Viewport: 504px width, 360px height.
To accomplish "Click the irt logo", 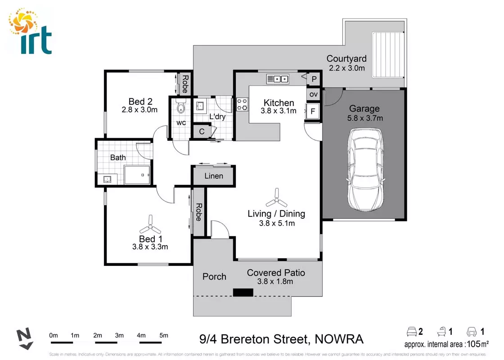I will coord(31,31).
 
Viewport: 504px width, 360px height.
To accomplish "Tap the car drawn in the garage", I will coord(365,170).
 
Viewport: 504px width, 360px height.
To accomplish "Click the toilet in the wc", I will coord(181,107).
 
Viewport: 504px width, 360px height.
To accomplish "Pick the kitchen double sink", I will coord(278,79).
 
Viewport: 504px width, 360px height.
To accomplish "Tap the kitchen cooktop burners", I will coord(242,105).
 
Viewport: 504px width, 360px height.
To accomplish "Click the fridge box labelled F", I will coord(312,111).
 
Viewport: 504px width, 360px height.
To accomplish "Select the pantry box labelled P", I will coord(314,79).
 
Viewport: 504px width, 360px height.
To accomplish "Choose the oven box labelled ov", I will coord(314,94).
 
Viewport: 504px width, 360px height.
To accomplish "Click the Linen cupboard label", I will coord(214,176).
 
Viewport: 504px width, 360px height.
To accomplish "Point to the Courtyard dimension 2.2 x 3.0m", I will coord(346,68).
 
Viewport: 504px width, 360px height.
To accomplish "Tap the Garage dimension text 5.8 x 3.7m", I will coord(364,118).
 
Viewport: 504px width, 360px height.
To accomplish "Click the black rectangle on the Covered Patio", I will coord(243,292).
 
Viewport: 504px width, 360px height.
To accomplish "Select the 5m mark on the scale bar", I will coord(163,335).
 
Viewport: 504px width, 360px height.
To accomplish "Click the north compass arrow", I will coord(24,339).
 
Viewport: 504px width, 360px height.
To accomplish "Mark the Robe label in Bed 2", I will coord(184,84).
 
